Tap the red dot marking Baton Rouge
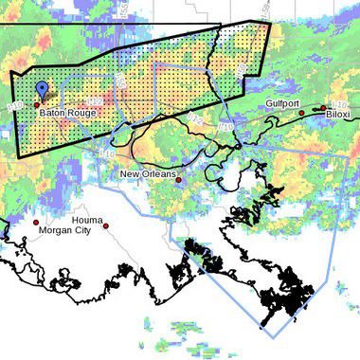[37, 104]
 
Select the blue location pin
[42, 91]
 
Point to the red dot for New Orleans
[178, 179]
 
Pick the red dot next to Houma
[106, 225]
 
